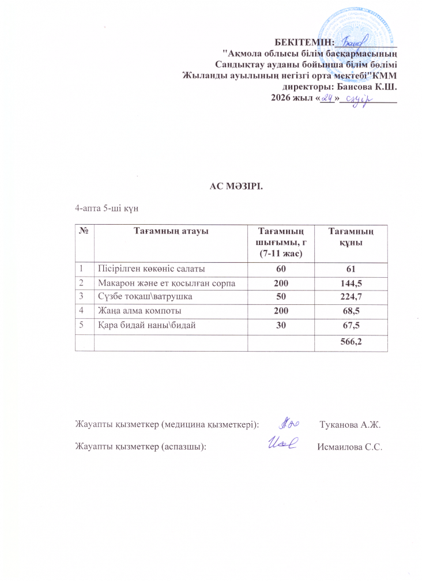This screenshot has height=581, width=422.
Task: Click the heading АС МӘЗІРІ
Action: click(x=235, y=185)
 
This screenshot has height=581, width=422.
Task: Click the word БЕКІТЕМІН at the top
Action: click(x=304, y=41)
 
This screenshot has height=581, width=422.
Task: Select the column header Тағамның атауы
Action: click(x=171, y=232)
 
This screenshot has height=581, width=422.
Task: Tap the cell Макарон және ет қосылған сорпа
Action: click(x=167, y=282)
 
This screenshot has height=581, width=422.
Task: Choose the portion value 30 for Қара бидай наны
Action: click(x=280, y=326)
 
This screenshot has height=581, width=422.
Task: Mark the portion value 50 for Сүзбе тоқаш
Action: click(x=280, y=297)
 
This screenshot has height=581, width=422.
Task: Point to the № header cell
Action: click(x=85, y=232)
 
